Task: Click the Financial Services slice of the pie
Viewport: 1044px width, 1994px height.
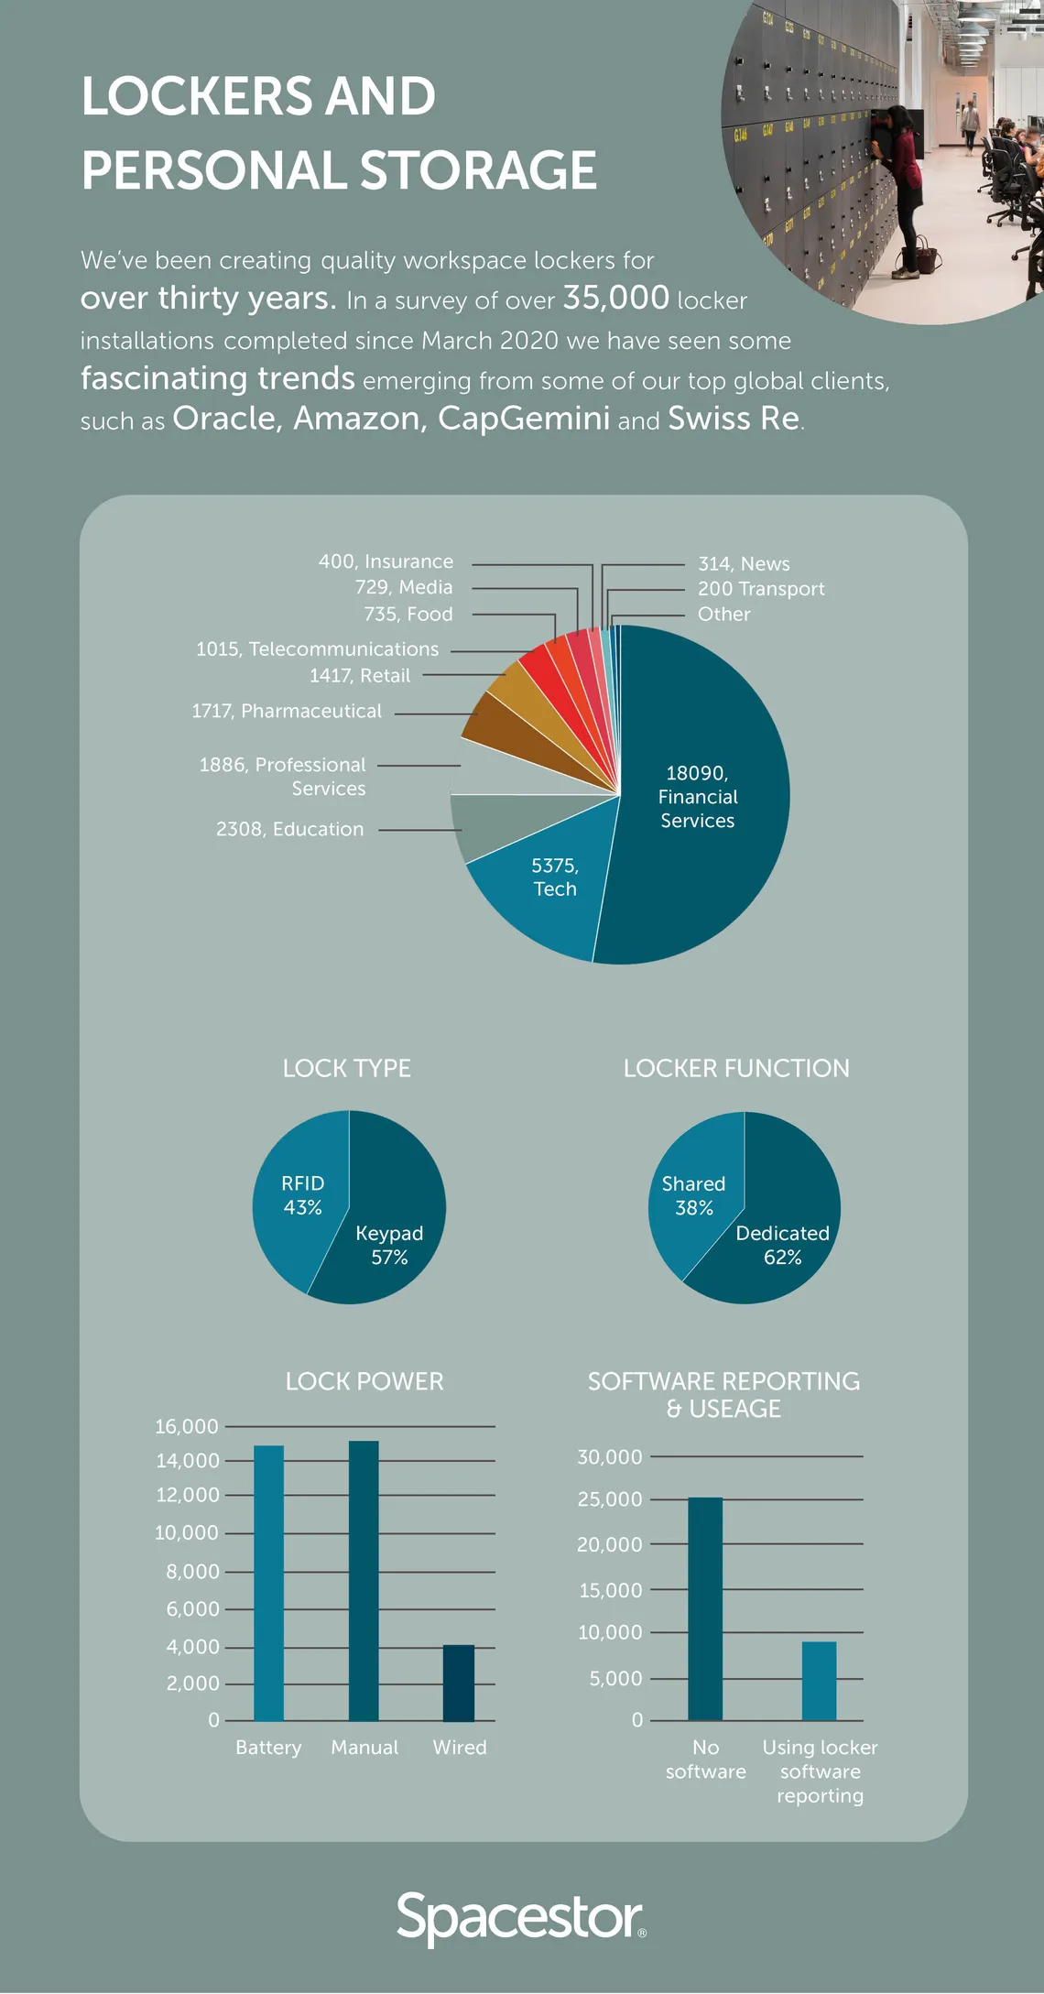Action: pyautogui.click(x=705, y=824)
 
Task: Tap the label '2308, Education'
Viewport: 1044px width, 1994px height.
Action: pyautogui.click(x=289, y=829)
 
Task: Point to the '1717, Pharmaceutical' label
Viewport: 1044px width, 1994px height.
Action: pyautogui.click(x=286, y=711)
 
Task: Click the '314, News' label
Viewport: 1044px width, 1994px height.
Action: pyautogui.click(x=743, y=563)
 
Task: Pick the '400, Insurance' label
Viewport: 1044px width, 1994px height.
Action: pyautogui.click(x=386, y=561)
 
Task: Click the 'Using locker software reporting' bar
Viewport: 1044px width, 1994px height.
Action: pyautogui.click(x=819, y=1681)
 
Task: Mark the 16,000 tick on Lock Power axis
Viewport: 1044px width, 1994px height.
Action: pyautogui.click(x=187, y=1426)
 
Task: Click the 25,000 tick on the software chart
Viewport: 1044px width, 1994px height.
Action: pyautogui.click(x=609, y=1499)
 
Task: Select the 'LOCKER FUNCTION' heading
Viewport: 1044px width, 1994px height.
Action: pyautogui.click(x=736, y=1068)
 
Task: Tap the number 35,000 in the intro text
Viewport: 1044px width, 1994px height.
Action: pyautogui.click(x=615, y=298)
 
